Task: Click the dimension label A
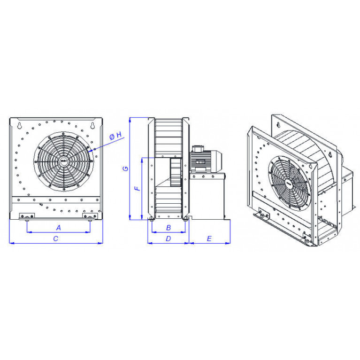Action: [59, 228]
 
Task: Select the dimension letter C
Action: [55, 239]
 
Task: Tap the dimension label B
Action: [169, 228]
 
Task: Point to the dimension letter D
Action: [169, 239]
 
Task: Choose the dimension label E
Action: [209, 239]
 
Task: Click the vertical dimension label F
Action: [138, 189]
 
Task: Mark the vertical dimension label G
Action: [126, 169]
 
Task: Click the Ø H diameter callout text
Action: [115, 136]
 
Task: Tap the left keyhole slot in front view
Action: [20, 125]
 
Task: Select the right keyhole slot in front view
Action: [93, 125]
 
